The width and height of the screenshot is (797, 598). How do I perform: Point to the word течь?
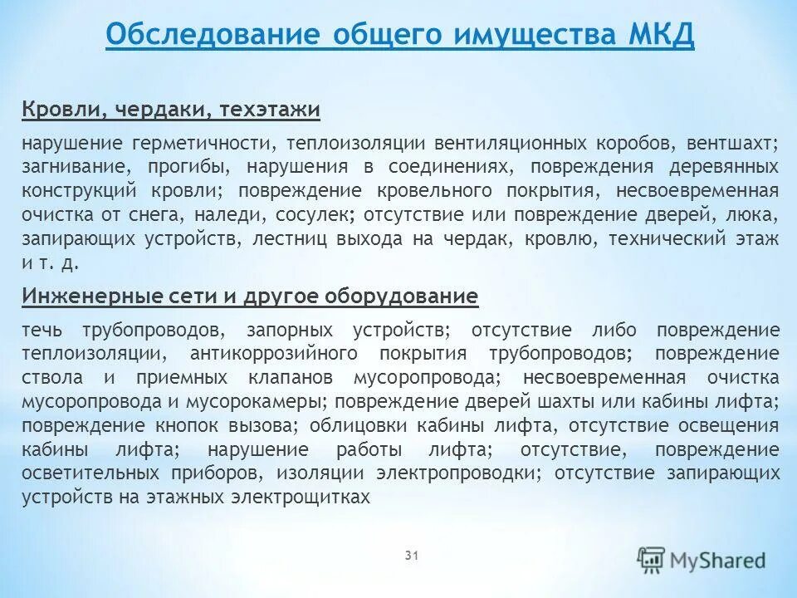click(x=40, y=330)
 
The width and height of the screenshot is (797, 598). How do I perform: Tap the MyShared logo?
click(x=702, y=560)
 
